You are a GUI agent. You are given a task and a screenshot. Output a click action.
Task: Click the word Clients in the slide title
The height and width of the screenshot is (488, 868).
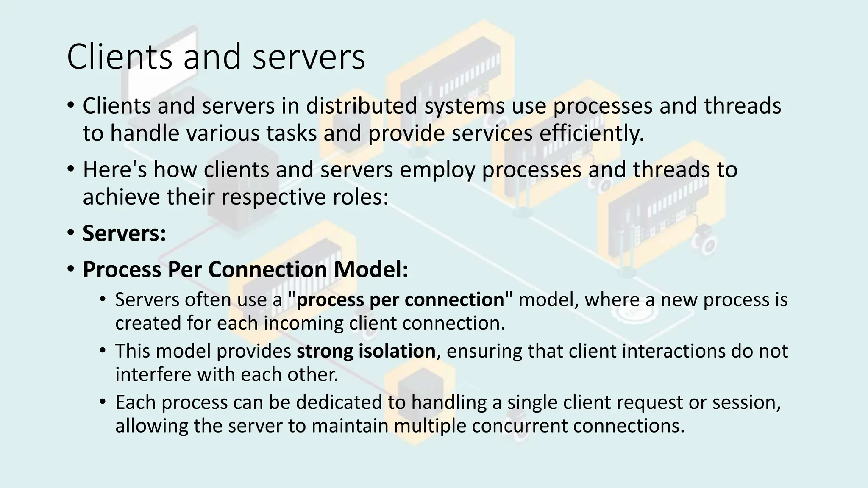tap(119, 56)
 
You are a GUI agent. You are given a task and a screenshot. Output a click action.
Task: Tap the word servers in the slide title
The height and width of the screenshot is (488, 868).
tap(309, 57)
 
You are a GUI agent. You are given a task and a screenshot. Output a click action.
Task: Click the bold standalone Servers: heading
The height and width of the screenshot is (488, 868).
tap(124, 233)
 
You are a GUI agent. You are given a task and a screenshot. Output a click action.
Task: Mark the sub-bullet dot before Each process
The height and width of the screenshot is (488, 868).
tap(102, 401)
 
